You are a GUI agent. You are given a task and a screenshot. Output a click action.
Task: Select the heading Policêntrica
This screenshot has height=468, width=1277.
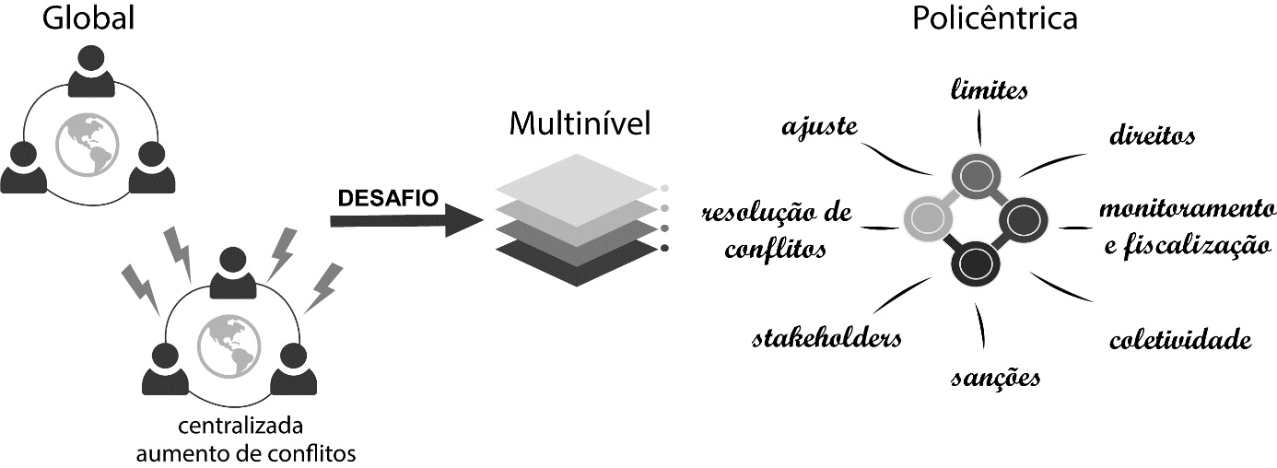(994, 18)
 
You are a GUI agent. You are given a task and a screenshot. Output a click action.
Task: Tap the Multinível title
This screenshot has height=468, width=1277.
(580, 123)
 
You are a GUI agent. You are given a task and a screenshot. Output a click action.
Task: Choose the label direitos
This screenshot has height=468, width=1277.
(1152, 136)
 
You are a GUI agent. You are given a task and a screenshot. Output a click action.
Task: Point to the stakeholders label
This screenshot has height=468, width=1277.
(826, 337)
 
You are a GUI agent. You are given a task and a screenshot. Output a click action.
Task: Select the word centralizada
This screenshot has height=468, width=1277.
(240, 427)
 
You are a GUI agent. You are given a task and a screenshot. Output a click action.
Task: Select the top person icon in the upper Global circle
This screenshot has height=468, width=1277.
(91, 69)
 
